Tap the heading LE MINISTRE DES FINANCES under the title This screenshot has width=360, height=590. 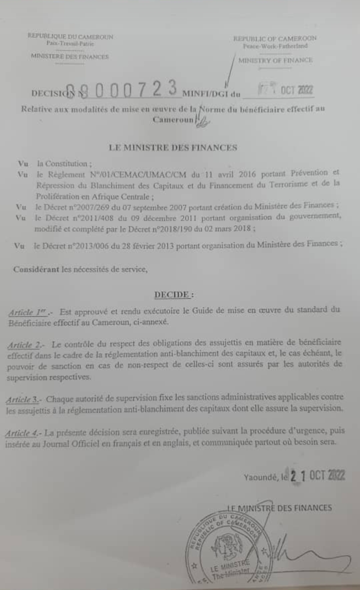(173, 148)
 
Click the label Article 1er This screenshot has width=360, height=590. (28, 312)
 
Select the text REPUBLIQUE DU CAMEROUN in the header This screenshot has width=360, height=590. (70, 37)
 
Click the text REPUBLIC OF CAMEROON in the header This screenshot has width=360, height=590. (275, 39)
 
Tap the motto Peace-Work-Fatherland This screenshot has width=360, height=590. (275, 46)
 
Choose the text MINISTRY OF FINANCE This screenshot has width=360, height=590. (275, 60)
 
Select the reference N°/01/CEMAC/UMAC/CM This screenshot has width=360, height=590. (138, 175)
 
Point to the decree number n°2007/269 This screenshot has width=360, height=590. (89, 207)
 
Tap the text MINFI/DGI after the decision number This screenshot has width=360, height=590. (206, 94)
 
